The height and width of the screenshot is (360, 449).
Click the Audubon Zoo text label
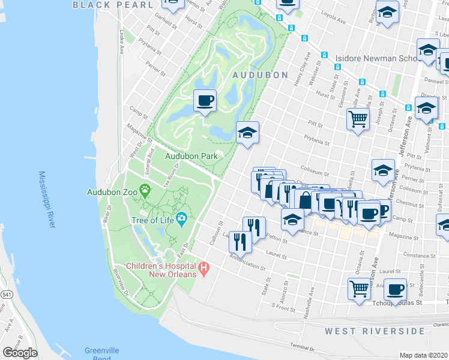pos(112,193)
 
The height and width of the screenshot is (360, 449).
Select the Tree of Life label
pos(152,220)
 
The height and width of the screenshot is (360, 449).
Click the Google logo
pos(20,353)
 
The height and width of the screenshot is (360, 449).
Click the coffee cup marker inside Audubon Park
pos(205,100)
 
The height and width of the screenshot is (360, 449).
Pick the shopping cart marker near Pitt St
pos(358,118)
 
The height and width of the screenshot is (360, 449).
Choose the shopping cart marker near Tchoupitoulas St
pos(359,288)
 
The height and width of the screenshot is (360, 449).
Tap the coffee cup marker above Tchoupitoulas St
pos(395,289)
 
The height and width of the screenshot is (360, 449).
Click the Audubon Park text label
pos(191,156)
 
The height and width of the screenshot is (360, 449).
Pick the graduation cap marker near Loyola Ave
pos(387,13)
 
